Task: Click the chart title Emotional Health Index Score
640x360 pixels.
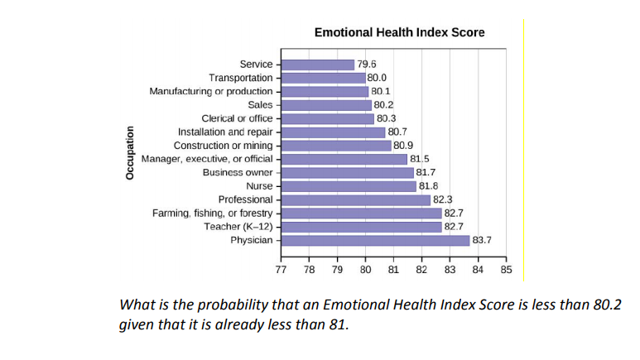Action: (x=399, y=32)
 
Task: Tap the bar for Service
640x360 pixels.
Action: (x=318, y=64)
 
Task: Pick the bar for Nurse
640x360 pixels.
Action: (x=349, y=186)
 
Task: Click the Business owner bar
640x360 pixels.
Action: (x=347, y=172)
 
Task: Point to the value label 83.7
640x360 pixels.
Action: (x=483, y=240)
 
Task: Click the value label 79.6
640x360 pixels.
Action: (x=367, y=64)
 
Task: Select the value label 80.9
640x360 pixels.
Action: (x=404, y=146)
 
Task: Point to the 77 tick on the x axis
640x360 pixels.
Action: (x=281, y=270)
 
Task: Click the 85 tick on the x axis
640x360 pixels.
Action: (x=507, y=270)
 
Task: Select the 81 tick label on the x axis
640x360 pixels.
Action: (x=393, y=270)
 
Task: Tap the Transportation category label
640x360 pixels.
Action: (x=241, y=78)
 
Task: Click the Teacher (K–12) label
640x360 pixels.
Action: (x=238, y=226)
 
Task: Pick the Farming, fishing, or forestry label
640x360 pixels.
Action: (x=213, y=213)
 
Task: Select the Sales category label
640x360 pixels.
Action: (x=260, y=104)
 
